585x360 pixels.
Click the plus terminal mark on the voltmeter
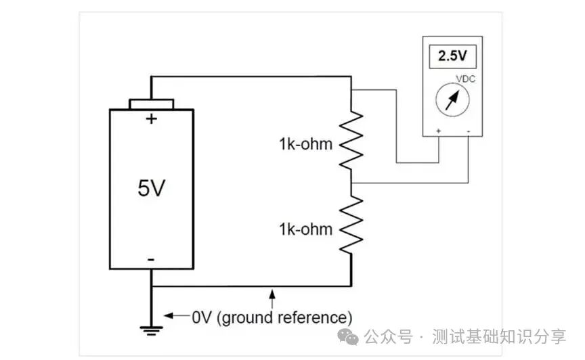[439, 129]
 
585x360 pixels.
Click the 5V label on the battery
[151, 189]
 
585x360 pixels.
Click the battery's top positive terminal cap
[152, 104]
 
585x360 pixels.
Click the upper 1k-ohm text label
[305, 144]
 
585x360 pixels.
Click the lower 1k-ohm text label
[305, 229]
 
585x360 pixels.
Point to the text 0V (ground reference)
[272, 317]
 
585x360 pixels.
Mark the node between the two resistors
[351, 183]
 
